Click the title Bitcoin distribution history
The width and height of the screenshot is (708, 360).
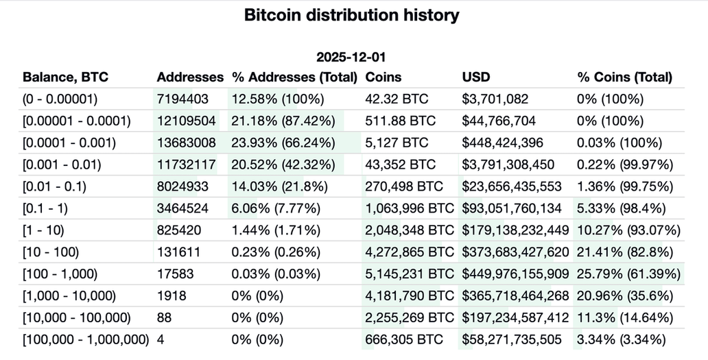point(351,15)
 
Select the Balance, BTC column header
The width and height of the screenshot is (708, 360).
point(66,77)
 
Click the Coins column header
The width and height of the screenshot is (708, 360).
point(383,77)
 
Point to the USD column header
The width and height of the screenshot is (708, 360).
point(476,77)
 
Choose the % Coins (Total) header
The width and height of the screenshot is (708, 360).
point(625,77)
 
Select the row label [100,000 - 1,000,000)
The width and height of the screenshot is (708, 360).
point(86,339)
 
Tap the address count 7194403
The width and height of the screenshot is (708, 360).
point(182,99)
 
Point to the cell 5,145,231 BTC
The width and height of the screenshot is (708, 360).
point(410,274)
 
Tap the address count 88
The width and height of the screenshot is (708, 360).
point(164,317)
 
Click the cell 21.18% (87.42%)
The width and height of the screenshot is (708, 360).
point(283,121)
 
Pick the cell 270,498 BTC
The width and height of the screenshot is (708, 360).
point(401,186)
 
